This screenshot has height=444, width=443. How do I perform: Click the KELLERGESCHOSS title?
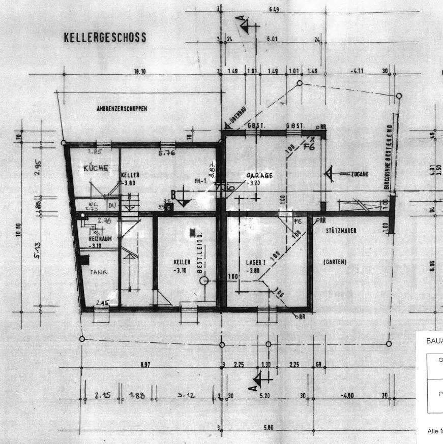tap(105, 38)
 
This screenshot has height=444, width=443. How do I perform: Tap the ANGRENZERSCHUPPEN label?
tap(122, 109)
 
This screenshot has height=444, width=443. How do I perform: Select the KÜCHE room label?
tap(96, 168)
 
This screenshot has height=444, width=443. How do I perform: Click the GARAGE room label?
tap(259, 175)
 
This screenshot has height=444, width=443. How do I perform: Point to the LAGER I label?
tap(253, 262)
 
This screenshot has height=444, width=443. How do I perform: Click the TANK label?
tap(99, 272)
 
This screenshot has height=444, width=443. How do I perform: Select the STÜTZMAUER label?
tap(341, 231)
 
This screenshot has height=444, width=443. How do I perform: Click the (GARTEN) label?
tap(335, 262)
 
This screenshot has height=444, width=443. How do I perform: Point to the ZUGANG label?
tap(359, 174)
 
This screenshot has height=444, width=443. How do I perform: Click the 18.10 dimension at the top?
tap(139, 72)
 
